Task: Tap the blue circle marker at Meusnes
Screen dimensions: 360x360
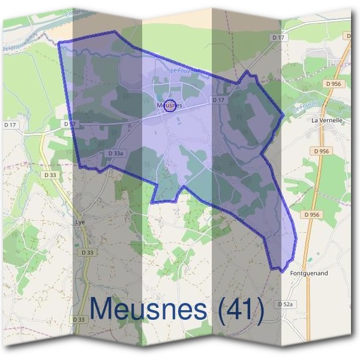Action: pyautogui.click(x=170, y=106)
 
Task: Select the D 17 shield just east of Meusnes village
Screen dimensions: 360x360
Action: pyautogui.click(x=218, y=100)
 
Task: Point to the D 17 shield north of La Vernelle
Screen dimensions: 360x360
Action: pyautogui.click(x=277, y=38)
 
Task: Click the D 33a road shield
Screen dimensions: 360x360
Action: pyautogui.click(x=116, y=154)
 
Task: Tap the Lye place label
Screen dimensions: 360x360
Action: pyautogui.click(x=80, y=221)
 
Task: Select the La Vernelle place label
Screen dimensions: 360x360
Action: pyautogui.click(x=326, y=120)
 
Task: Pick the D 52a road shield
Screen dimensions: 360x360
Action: pyautogui.click(x=287, y=305)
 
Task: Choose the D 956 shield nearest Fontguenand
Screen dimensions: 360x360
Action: pyautogui.click(x=311, y=214)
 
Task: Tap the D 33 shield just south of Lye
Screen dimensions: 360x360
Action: pyautogui.click(x=87, y=253)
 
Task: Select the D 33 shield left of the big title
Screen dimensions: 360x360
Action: pyautogui.click(x=79, y=319)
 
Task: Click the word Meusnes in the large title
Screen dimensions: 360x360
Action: pyautogui.click(x=153, y=310)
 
